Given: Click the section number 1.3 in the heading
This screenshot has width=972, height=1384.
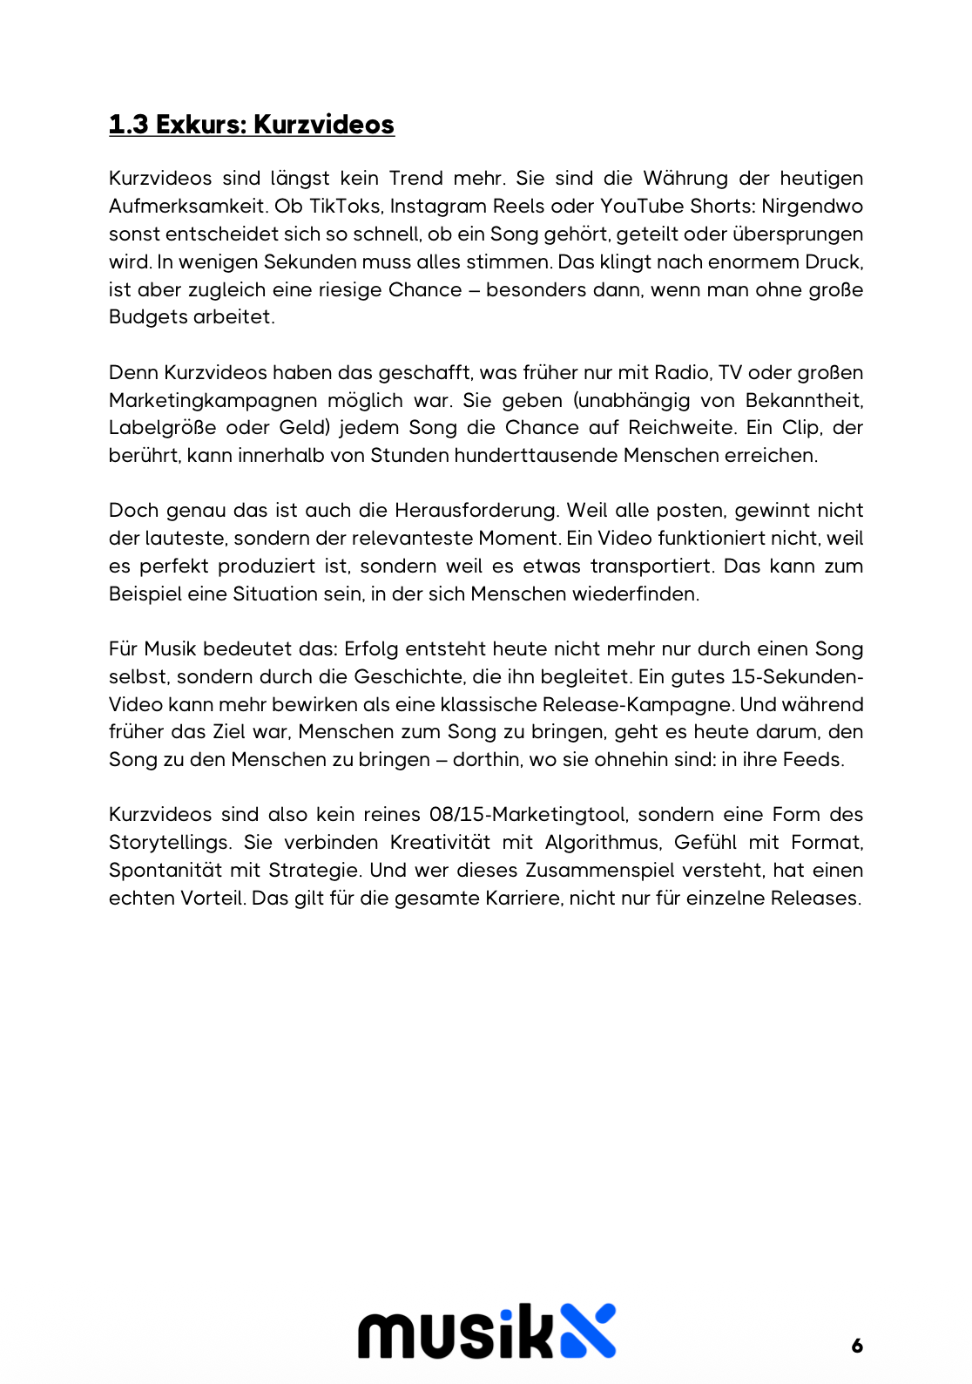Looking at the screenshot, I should [x=128, y=125].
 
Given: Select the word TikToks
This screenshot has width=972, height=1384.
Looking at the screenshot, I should [x=346, y=207].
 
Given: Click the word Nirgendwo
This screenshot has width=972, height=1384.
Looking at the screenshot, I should [x=812, y=207].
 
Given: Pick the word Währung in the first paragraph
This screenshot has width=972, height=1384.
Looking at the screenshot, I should [x=685, y=179].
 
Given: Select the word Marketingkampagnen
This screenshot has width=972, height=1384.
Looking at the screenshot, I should [x=213, y=401].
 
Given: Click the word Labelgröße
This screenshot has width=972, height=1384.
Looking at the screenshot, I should [x=162, y=428].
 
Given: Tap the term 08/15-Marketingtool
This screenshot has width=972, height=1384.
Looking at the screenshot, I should [x=528, y=815].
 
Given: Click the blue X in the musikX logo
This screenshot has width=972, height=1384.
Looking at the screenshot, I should [x=587, y=1331].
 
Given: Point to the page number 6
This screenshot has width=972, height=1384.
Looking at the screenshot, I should [x=857, y=1346].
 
